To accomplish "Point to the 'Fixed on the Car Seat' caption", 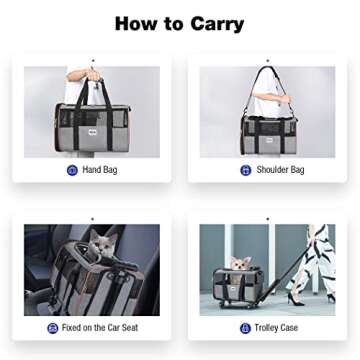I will click(x=104, y=327).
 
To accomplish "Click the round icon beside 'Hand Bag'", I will click(x=72, y=171).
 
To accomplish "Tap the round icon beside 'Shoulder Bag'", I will click(x=245, y=171).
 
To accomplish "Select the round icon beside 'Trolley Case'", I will click(x=246, y=327).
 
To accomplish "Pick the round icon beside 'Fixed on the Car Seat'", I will click(x=53, y=327).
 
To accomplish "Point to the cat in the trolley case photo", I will click(x=239, y=265).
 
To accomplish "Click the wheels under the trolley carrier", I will click(x=241, y=306).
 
